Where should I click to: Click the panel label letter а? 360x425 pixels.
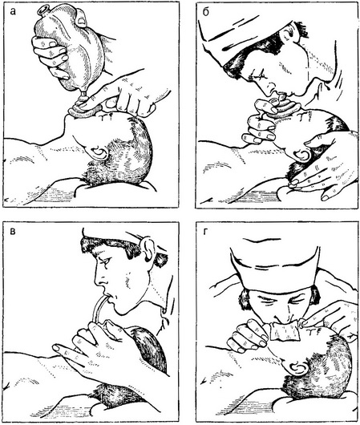coord(13,12)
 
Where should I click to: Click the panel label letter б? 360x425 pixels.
coord(206,12)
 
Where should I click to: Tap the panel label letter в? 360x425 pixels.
coord(12,232)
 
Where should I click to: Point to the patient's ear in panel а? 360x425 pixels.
coord(99,153)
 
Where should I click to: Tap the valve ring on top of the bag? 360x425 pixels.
coord(42,10)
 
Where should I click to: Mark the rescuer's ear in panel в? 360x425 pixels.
coord(148,249)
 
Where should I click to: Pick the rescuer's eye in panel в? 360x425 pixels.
coord(105,260)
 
